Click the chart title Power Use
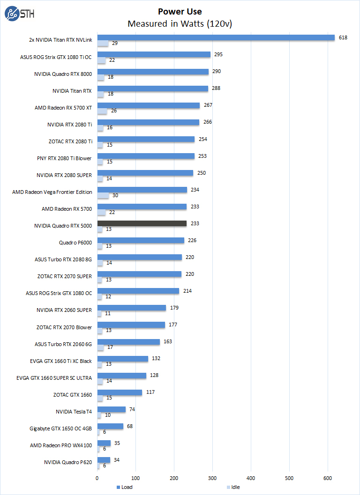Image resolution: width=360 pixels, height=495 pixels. coord(180,12)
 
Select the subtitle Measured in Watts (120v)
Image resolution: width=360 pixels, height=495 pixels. coord(180,23)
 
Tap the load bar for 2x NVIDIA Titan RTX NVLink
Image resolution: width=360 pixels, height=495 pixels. coord(216,38)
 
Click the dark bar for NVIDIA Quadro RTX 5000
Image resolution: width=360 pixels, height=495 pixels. coord(142,223)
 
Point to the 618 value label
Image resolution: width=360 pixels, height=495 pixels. coord(343,37)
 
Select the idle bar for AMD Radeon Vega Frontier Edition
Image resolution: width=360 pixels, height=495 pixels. coord(103,195)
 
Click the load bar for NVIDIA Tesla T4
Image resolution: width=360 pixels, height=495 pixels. coord(111,409)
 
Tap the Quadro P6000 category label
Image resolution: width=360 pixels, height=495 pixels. coord(75,243)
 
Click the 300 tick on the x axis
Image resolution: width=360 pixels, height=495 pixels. coord(212,478)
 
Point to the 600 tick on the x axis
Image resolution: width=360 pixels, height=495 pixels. coord(328,478)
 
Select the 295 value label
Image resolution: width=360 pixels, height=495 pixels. coord(218,54)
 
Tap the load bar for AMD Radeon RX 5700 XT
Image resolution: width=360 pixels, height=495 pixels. coord(148,105)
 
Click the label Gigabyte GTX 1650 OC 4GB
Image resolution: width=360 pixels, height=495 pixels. coord(60,428)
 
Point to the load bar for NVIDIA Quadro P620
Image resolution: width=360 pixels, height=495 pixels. coord(104,460)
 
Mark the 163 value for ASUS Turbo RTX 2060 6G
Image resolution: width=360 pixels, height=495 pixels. coord(167,341)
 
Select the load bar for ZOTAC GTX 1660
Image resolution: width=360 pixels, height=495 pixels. coord(120,392)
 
